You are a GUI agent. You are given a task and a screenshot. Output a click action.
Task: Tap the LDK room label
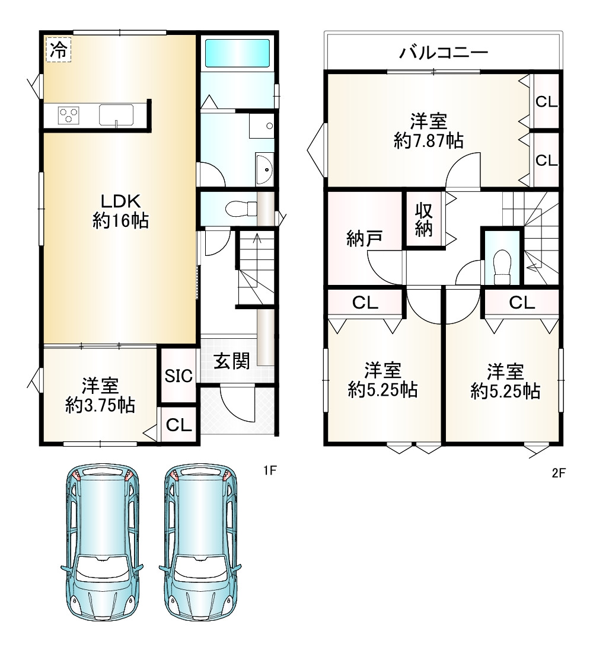tap(121, 201)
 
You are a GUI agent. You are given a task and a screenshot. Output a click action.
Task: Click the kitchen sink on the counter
tap(116, 115)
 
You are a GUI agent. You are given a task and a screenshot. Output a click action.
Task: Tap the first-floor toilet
tap(242, 208)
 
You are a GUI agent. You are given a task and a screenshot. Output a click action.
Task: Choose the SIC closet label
tap(178, 376)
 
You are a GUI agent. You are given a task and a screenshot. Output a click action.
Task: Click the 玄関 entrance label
tap(232, 361)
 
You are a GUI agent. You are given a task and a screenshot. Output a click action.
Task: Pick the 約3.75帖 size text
tap(100, 405)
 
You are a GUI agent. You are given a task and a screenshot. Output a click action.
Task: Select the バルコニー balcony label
tap(444, 53)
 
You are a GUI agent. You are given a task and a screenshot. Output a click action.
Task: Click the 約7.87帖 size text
tap(428, 141)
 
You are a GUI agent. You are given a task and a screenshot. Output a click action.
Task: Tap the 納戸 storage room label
tap(365, 239)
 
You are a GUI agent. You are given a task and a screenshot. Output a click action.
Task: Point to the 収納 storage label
tap(424, 220)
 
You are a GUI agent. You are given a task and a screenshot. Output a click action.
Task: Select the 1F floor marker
tap(270, 470)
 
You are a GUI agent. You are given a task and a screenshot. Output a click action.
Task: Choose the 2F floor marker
tap(559, 473)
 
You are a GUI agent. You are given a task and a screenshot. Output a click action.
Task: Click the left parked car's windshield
tap(102, 569)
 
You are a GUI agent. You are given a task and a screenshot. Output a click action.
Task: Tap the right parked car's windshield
tap(200, 569)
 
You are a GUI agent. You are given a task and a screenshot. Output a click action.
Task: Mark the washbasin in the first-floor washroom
tap(264, 169)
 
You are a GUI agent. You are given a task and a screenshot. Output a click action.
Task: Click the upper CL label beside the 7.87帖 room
tap(546, 102)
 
